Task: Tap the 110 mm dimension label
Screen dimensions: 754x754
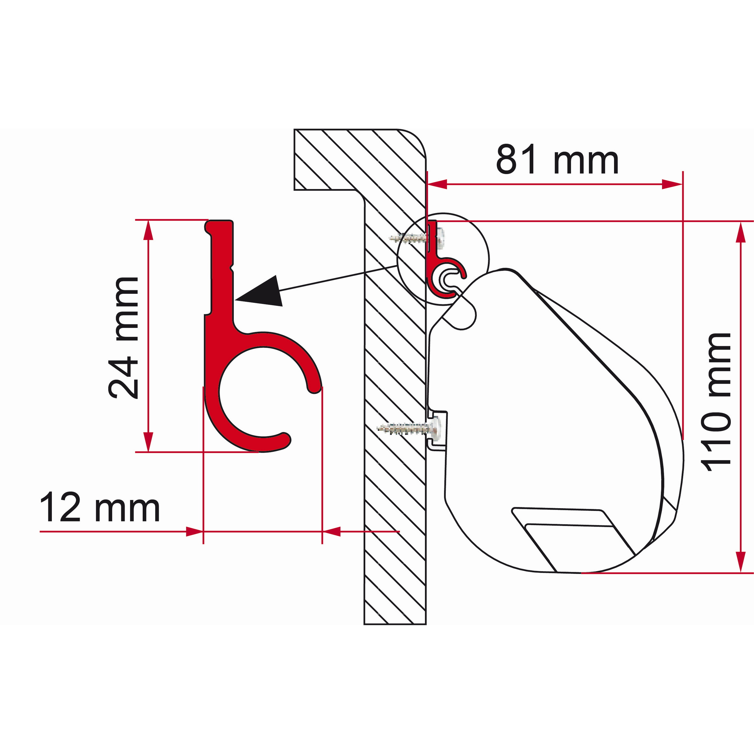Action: click(716, 402)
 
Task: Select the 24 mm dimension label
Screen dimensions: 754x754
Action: click(123, 338)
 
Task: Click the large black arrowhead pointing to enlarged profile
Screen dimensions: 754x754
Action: click(261, 291)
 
